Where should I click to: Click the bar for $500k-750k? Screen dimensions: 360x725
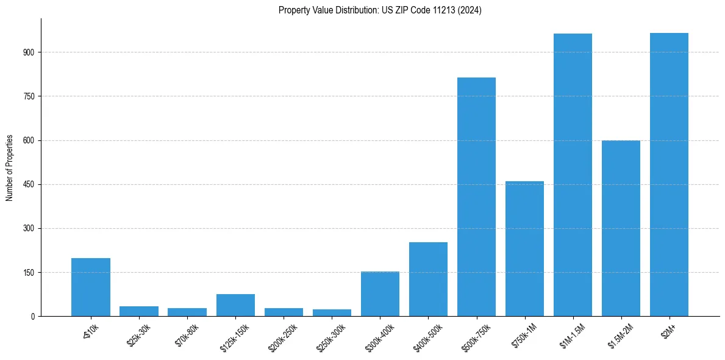point(476,196)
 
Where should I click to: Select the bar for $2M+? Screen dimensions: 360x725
point(669,175)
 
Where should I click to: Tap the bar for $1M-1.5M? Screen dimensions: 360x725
point(573,175)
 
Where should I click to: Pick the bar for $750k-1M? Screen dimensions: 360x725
point(524,248)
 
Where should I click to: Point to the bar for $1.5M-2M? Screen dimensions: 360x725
point(621,228)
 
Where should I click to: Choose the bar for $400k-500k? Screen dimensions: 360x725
point(428,279)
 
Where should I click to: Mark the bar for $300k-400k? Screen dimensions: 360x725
point(380,293)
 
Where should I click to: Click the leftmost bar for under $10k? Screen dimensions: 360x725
point(91,287)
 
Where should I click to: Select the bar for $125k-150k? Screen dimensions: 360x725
point(235,305)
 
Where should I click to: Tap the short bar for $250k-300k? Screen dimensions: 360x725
point(332,312)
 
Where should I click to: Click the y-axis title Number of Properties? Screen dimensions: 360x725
point(10,167)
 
